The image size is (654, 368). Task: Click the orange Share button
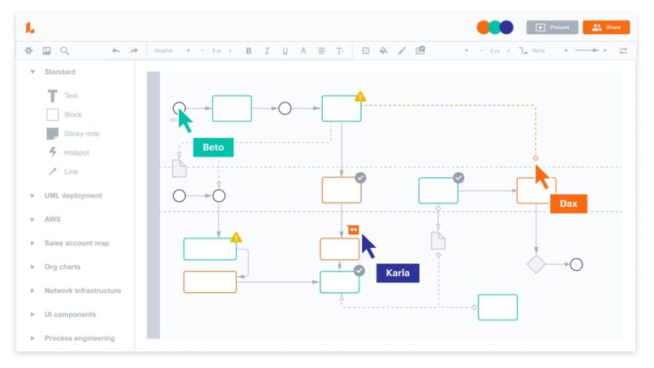pyautogui.click(x=605, y=27)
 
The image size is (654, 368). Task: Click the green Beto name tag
pyautogui.click(x=213, y=147)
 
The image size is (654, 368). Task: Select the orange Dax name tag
pyautogui.click(x=568, y=204)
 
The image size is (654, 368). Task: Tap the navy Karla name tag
pyautogui.click(x=398, y=273)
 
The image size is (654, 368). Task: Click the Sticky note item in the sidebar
pyautogui.click(x=81, y=134)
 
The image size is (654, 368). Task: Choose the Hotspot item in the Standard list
pyautogui.click(x=76, y=152)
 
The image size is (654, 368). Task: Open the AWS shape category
pyautogui.click(x=52, y=219)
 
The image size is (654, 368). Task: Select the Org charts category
pyautogui.click(x=62, y=267)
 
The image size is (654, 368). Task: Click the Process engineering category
pyautogui.click(x=79, y=338)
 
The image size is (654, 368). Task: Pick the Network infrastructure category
pyautogui.click(x=83, y=290)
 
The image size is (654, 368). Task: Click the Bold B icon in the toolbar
pyautogui.click(x=249, y=51)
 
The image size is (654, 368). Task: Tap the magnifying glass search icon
pyautogui.click(x=65, y=51)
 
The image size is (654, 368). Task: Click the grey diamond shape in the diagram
pyautogui.click(x=536, y=264)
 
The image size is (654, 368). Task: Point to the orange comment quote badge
pyautogui.click(x=353, y=229)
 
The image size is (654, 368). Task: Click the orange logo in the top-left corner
pyautogui.click(x=30, y=27)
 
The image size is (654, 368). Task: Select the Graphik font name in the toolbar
pyautogui.click(x=164, y=51)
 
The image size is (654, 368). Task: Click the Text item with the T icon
pyautogui.click(x=71, y=96)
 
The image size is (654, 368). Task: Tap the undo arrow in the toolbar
pyautogui.click(x=116, y=51)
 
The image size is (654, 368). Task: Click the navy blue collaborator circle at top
pyautogui.click(x=507, y=27)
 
